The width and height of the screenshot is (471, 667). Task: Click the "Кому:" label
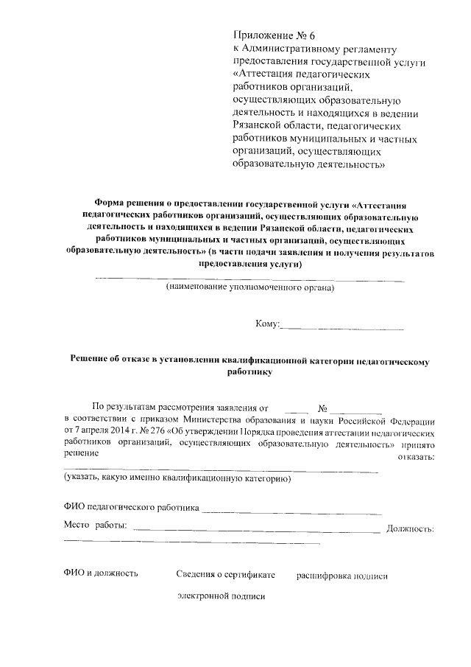267,324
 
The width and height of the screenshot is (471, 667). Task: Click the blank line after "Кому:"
342,326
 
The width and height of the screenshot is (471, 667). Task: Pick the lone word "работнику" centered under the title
249,373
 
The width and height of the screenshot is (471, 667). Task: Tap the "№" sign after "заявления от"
322,407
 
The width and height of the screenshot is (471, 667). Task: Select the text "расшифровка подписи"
341,575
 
